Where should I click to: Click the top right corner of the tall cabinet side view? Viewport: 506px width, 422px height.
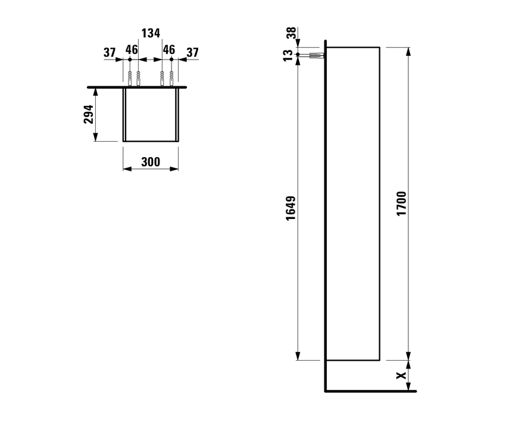pyautogui.click(x=380, y=48)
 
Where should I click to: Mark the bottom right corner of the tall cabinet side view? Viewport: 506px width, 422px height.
pyautogui.click(x=380, y=360)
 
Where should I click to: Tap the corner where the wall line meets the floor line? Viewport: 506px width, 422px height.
pyautogui.click(x=326, y=391)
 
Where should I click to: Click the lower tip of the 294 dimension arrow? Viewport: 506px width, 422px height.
pyautogui.click(x=95, y=141)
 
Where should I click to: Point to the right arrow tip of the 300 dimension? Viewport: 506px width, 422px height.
pyautogui.click(x=178, y=168)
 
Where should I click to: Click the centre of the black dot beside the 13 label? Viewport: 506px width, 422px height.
pyautogui.click(x=298, y=55)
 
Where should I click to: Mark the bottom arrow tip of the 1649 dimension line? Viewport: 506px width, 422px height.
pyautogui.click(x=298, y=360)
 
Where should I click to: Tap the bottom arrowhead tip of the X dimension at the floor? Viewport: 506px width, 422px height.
pyautogui.click(x=408, y=390)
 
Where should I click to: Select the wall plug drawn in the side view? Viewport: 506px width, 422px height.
pyautogui.click(x=317, y=55)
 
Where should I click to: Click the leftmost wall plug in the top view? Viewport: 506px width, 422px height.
pyautogui.click(x=130, y=79)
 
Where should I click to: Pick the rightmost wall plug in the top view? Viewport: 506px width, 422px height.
pyautogui.click(x=171, y=79)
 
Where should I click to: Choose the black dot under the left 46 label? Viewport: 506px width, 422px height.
pyautogui.click(x=130, y=60)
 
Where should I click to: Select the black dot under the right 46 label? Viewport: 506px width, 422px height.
pyautogui.click(x=171, y=60)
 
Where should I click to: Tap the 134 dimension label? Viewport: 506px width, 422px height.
pyautogui.click(x=151, y=33)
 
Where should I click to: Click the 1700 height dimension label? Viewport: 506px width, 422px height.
pyautogui.click(x=401, y=204)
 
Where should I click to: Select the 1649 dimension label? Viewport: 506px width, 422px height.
pyautogui.click(x=291, y=208)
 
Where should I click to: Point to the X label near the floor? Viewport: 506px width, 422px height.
pyautogui.click(x=402, y=376)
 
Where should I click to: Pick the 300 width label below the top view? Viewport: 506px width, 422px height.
pyautogui.click(x=151, y=162)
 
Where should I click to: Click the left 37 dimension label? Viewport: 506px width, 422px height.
pyautogui.click(x=110, y=52)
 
